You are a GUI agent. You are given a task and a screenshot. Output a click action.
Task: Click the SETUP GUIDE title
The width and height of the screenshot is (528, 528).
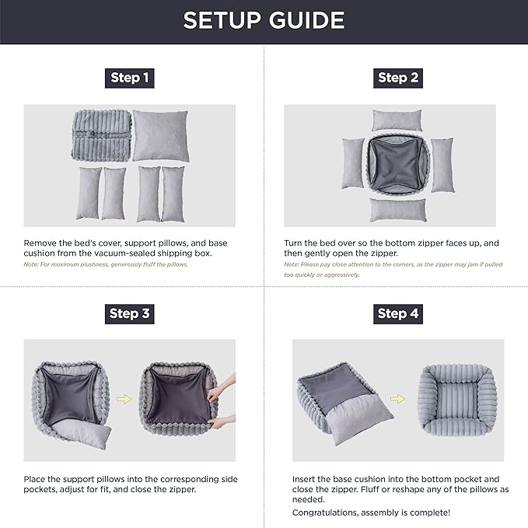point(264,20)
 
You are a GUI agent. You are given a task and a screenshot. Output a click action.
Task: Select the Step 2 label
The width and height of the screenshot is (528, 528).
point(398,78)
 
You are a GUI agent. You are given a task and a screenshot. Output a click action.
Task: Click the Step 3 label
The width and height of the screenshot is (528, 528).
point(129,313)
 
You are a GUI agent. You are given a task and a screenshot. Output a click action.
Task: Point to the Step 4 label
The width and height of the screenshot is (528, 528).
point(398,313)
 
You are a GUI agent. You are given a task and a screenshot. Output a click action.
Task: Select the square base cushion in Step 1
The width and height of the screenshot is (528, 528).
point(160,135)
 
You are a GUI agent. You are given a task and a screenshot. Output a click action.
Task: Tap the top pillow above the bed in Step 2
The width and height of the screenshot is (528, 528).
point(397,120)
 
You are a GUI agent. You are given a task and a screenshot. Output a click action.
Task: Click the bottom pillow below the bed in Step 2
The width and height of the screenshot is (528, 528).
point(397,210)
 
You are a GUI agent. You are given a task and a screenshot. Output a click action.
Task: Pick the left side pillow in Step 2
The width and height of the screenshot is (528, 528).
point(353,164)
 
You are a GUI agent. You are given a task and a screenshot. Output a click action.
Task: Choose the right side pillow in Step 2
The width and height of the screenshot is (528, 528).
point(441,164)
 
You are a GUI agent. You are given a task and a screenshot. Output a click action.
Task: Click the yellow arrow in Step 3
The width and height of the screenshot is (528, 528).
point(123,400)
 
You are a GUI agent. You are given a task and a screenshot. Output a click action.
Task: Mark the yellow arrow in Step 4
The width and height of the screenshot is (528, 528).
point(397,399)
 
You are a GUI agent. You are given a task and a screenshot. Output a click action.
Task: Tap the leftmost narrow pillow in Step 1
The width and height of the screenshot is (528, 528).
point(89,193)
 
